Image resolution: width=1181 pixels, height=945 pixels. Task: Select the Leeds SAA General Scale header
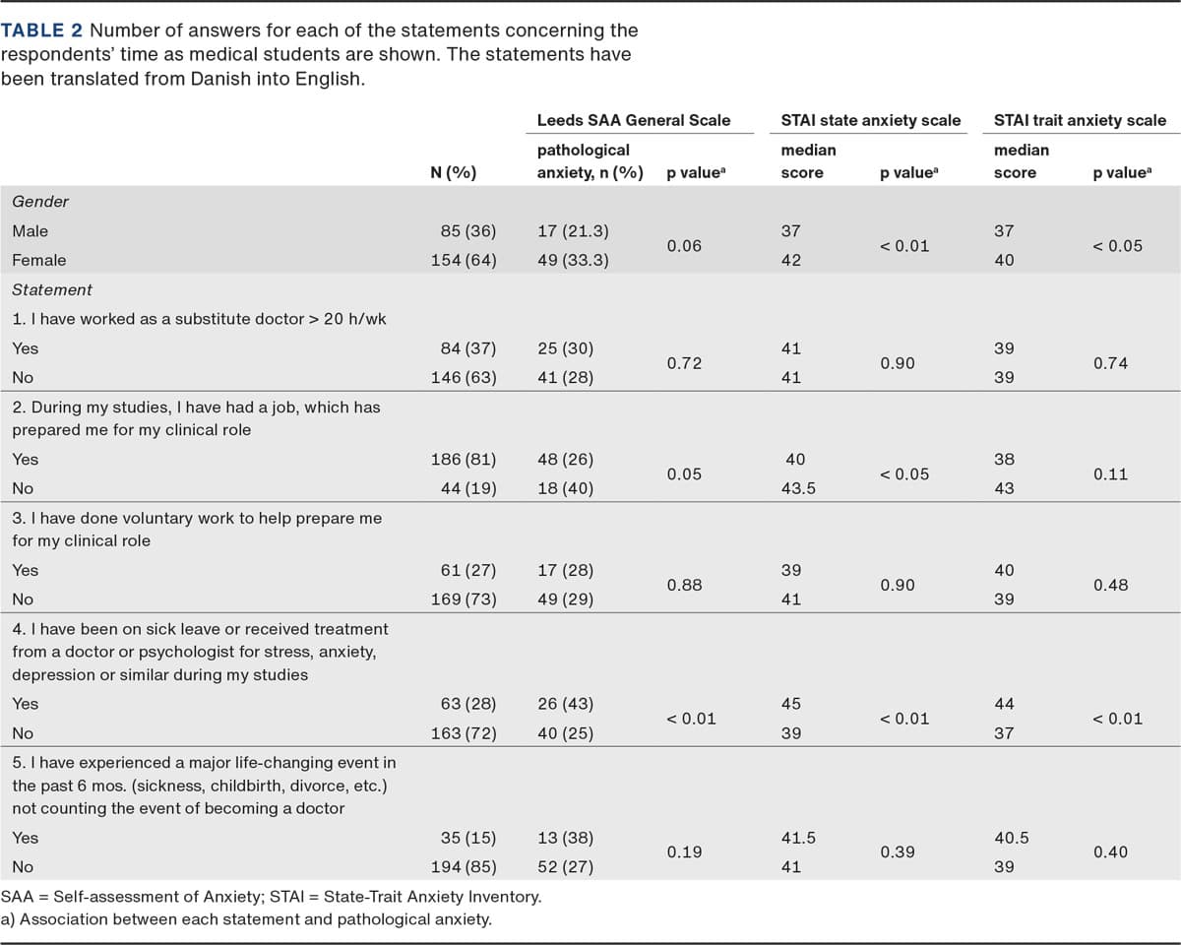pos(633,120)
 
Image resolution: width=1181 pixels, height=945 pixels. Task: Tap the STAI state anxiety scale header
pos(870,120)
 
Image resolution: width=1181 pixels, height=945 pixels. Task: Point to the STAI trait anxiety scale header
pos(1080,120)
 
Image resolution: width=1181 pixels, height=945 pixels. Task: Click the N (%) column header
pos(454,173)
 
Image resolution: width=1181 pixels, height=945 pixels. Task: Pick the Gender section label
pos(40,202)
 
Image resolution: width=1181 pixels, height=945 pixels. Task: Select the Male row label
pos(30,231)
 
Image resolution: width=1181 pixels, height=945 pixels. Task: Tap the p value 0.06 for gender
pos(684,246)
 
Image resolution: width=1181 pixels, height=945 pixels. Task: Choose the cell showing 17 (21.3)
pos(574,231)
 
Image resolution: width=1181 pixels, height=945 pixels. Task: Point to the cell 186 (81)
pos(465,459)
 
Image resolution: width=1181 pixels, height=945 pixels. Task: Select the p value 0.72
pos(684,363)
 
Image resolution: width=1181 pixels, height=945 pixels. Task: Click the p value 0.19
pos(684,852)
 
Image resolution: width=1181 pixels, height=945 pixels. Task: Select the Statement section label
pos(52,289)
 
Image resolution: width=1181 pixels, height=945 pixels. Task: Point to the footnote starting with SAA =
pos(271,897)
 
